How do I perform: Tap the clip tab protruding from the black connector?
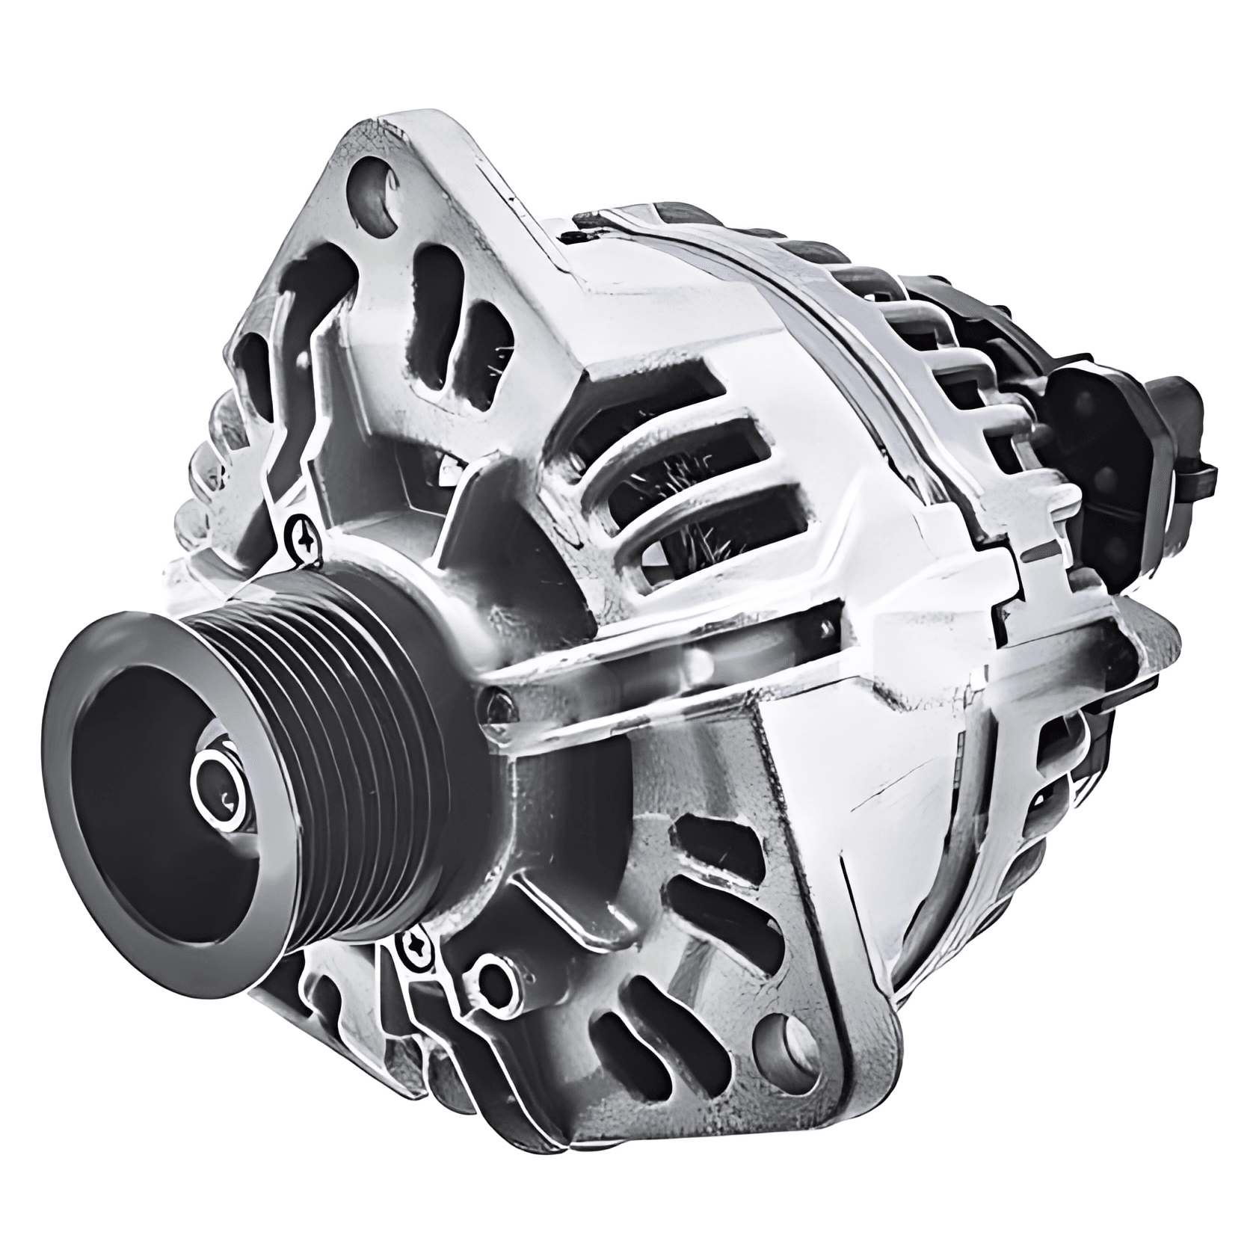(x=1200, y=472)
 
